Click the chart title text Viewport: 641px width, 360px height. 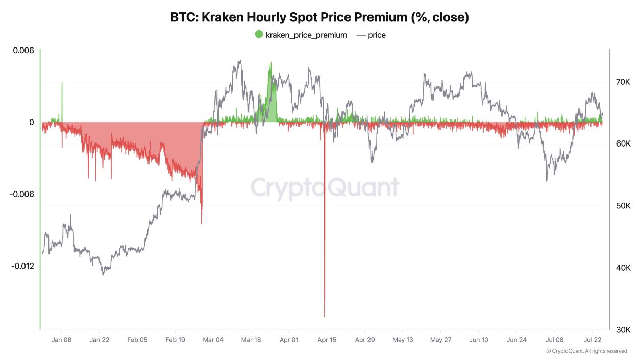[319, 17]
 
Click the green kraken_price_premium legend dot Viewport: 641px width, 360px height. [259, 35]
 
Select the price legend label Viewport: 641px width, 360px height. [377, 35]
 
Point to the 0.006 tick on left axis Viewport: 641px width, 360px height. [24, 51]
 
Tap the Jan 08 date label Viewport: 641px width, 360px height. [61, 340]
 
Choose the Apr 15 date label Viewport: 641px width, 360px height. [327, 340]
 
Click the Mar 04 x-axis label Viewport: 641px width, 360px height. [213, 340]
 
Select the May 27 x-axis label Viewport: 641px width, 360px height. [440, 340]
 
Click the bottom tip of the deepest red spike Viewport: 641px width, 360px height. [325, 316]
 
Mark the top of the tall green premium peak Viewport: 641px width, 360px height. [271, 63]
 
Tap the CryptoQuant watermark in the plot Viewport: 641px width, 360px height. [325, 187]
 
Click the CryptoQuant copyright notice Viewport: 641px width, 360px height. [586, 351]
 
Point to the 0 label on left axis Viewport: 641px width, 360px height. [32, 123]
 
